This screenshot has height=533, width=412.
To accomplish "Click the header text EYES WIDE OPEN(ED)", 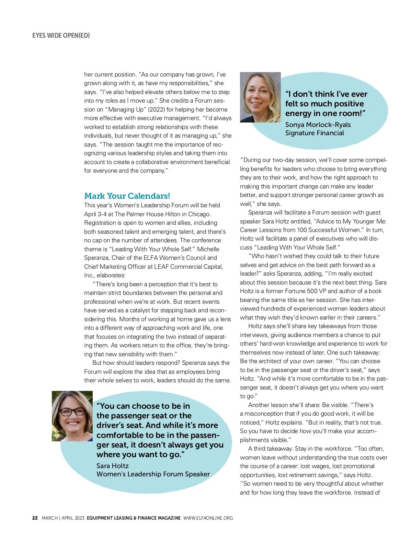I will pyautogui.click(x=61, y=35).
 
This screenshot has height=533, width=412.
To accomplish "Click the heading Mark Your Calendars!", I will pyautogui.click(x=127, y=196).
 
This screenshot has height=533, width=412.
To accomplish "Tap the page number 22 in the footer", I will pyautogui.click(x=35, y=518).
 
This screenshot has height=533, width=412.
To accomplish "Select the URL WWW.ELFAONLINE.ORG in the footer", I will pyautogui.click(x=208, y=518).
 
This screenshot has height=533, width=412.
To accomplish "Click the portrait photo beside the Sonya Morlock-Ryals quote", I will pyautogui.click(x=260, y=97).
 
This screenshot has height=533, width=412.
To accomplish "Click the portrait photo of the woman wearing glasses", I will pyautogui.click(x=72, y=416).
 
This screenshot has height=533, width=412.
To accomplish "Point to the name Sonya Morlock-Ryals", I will pyautogui.click(x=318, y=125).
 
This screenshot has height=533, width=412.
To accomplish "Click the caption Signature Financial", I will pyautogui.click(x=314, y=133).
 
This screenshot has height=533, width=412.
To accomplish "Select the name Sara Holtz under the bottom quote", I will pyautogui.click(x=113, y=466).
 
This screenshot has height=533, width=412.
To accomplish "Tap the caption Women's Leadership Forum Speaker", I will pyautogui.click(x=153, y=474).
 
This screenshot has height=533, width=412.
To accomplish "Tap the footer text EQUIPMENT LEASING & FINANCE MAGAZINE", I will pyautogui.click(x=134, y=518).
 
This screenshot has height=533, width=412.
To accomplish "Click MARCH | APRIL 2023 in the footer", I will pyautogui.click(x=63, y=518).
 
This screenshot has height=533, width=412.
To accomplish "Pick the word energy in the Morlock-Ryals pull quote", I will pyautogui.click(x=298, y=113).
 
